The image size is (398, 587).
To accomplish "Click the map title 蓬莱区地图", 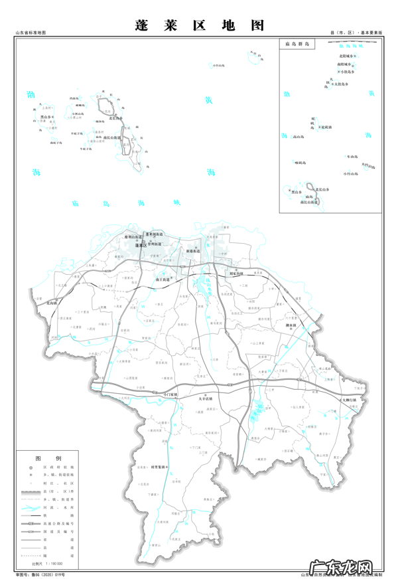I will click(199, 25).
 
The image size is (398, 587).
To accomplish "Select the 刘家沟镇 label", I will click(237, 273).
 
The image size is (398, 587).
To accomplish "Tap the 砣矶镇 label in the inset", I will click(326, 126).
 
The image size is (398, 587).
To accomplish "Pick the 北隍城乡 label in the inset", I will click(345, 56).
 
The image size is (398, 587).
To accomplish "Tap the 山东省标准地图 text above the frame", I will click(31, 33).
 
